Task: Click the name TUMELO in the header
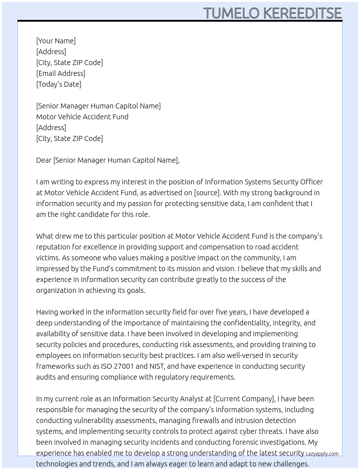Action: pos(231,13)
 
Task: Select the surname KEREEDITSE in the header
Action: pos(302,13)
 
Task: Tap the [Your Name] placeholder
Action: pos(56,41)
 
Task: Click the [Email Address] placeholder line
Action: pos(61,73)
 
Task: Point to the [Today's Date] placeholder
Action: pos(59,84)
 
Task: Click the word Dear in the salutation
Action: pos(44,160)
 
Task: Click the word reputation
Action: pos(53,247)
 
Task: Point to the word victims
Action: pos(48,258)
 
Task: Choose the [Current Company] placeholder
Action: pos(244,399)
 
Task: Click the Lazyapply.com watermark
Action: pos(322,454)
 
